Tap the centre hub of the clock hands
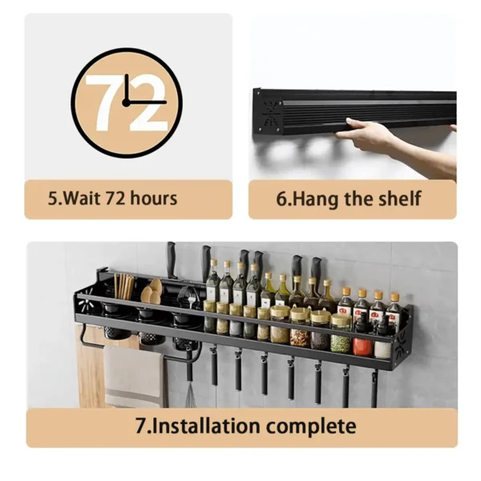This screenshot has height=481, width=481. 126,103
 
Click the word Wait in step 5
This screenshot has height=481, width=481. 82,198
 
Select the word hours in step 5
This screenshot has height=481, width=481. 153,198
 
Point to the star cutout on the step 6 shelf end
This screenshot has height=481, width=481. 271,113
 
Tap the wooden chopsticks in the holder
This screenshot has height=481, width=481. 123,286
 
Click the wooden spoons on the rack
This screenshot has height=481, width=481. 152,292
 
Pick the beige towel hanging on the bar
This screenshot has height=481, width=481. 135,377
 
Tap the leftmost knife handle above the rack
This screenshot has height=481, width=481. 172,260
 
